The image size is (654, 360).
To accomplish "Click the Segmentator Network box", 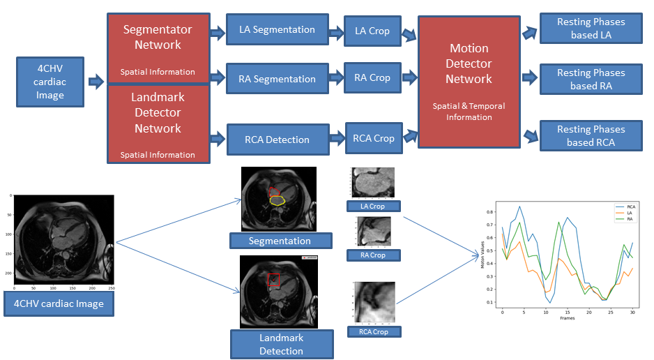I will (x=158, y=48).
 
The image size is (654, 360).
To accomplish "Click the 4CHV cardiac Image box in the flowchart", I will (x=50, y=82).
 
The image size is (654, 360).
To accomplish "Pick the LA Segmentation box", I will (x=276, y=30).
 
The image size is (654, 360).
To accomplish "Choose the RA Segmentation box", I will (x=276, y=79).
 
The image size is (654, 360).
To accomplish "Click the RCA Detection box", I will (x=277, y=140).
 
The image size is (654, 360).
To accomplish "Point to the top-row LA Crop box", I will (x=372, y=31).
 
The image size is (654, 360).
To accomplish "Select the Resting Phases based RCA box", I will (x=591, y=136).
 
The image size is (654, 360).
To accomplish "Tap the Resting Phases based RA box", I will (x=591, y=80).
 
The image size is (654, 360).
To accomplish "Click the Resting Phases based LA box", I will (x=591, y=29).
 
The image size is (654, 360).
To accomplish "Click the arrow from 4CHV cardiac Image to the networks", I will (x=96, y=82).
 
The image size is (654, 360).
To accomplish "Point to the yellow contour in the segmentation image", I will (x=277, y=201).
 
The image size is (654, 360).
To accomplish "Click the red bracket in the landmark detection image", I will (x=275, y=280).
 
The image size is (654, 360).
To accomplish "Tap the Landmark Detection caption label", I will (x=281, y=344).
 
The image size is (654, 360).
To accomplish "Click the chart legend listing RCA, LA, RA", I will (x=625, y=212).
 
